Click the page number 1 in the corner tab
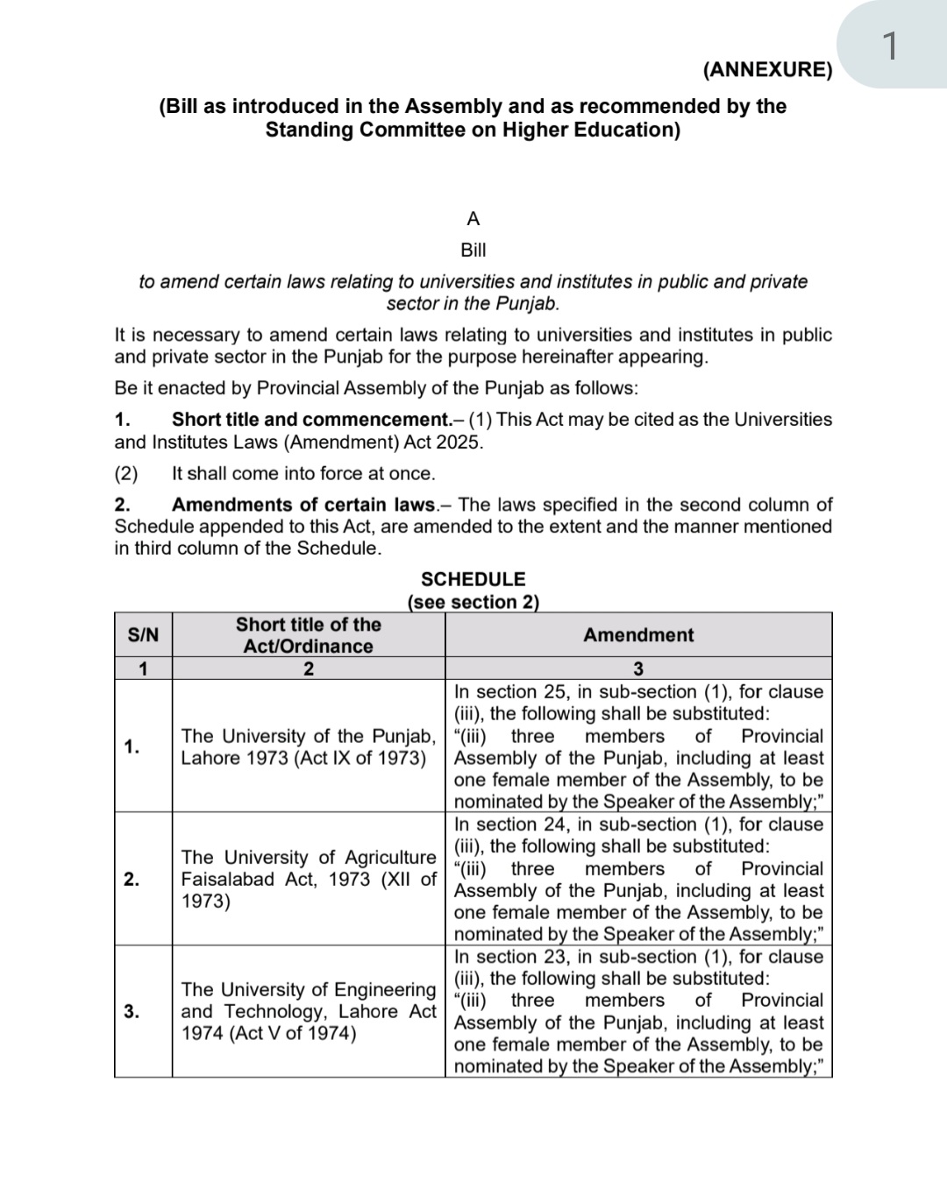[x=889, y=46]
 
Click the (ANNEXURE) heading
[x=767, y=70]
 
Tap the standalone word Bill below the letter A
[x=473, y=251]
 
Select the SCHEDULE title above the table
[x=473, y=579]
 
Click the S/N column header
[x=143, y=635]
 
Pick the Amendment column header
[x=637, y=635]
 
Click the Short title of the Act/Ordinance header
[x=308, y=635]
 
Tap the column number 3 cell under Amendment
[x=637, y=669]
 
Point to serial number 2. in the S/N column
[x=132, y=879]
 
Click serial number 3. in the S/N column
[x=132, y=1011]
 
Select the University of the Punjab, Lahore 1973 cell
[x=308, y=747]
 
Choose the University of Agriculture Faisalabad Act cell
[x=308, y=879]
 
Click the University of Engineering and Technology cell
[x=308, y=1011]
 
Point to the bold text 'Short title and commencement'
[x=310, y=420]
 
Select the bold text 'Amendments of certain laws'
[x=303, y=505]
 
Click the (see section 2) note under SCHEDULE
[x=473, y=602]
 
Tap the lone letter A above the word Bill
[x=473, y=219]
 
